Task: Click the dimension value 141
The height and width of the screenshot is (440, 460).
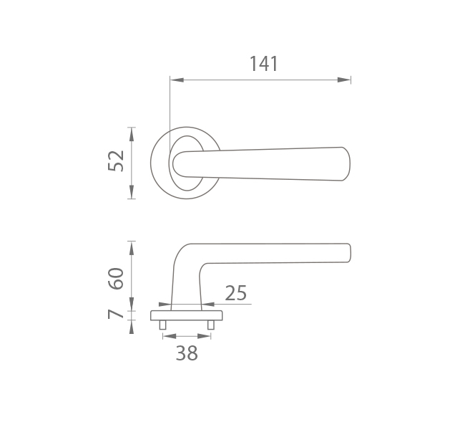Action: [263, 64]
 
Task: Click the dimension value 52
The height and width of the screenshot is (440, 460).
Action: [116, 161]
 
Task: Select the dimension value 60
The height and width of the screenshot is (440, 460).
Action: [116, 278]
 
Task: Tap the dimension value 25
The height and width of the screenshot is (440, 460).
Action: [236, 293]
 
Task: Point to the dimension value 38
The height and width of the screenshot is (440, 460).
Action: [187, 353]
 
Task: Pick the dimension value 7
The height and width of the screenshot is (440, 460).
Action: [115, 314]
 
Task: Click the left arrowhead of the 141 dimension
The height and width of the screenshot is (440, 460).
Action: [177, 80]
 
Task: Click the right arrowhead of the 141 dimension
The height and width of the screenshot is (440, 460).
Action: [344, 80]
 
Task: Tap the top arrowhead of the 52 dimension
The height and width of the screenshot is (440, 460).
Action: [132, 134]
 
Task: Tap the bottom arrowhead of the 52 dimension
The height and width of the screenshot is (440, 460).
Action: [132, 192]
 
